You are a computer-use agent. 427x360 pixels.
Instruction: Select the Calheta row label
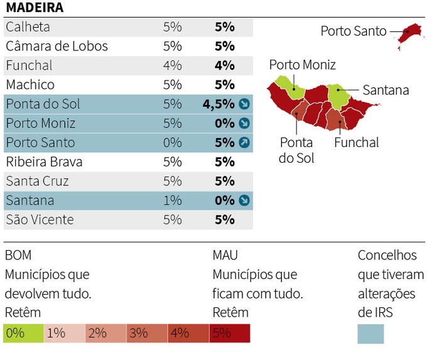28,27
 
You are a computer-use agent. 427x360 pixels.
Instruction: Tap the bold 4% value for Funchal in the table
224,65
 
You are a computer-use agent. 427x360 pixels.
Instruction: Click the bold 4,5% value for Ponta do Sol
219,104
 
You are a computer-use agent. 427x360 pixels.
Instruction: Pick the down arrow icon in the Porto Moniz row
245,123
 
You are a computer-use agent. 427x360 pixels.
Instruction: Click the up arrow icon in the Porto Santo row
245,143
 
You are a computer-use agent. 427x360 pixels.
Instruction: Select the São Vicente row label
40,220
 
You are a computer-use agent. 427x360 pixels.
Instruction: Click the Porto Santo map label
354,31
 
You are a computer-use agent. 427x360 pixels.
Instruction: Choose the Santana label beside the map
386,90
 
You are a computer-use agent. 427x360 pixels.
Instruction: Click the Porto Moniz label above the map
302,65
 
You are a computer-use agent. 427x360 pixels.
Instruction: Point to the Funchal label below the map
357,143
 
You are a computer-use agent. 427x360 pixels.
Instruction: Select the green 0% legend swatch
23,334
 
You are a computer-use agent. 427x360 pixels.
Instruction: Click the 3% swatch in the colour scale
146,334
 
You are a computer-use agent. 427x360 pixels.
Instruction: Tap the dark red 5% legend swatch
230,334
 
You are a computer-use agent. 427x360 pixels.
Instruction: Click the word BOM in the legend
18,256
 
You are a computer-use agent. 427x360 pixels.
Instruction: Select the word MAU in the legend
225,256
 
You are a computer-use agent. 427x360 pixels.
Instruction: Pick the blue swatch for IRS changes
370,334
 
